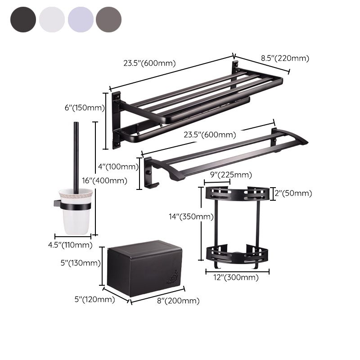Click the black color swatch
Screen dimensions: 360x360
(x=22, y=19)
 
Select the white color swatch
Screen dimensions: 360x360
(x=52, y=19)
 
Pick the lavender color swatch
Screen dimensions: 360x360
(x=81, y=19)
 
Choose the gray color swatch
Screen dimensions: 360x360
(x=108, y=19)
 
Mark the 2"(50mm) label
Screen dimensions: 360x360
(x=293, y=193)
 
